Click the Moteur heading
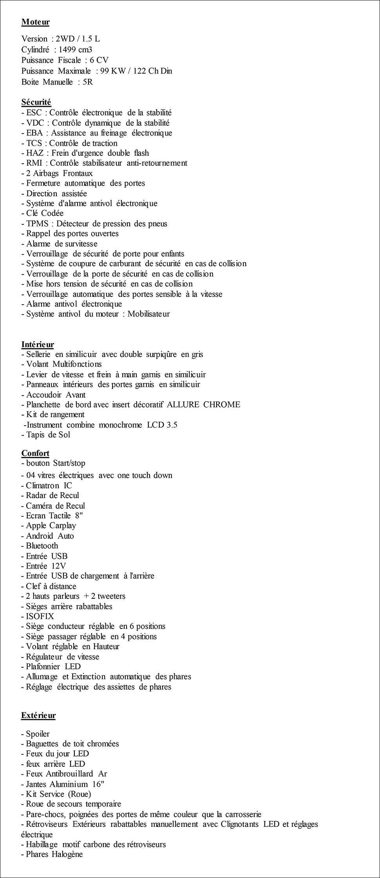(35, 22)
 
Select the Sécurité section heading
(36, 102)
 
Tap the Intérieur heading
(38, 344)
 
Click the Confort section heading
(35, 453)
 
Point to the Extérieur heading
(38, 715)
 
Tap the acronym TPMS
(37, 224)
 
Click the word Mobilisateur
(148, 314)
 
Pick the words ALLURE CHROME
(203, 405)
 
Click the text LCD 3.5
(162, 425)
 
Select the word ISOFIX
(40, 616)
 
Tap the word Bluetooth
(42, 546)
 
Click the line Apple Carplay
(51, 526)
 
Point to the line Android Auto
(50, 536)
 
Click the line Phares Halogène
(54, 854)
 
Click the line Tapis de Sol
(48, 435)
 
